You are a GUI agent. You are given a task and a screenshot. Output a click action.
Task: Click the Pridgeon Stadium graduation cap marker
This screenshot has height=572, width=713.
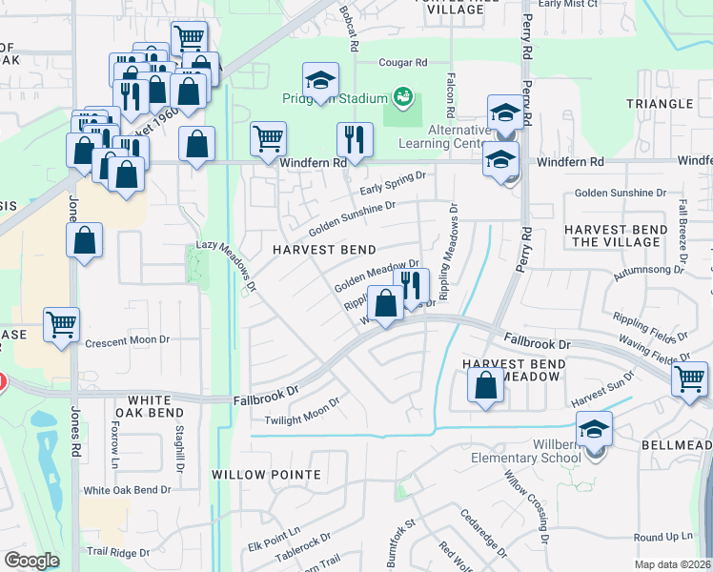click(x=321, y=80)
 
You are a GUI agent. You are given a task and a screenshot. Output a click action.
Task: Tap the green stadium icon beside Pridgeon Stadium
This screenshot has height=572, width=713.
click(x=403, y=96)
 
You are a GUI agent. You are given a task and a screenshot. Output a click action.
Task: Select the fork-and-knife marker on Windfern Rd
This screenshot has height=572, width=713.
click(x=355, y=139)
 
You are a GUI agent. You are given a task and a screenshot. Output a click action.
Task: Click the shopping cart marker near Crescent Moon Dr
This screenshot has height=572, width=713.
click(x=61, y=324)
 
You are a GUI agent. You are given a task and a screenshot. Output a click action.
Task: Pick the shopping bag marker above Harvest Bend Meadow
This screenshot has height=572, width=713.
click(x=486, y=386)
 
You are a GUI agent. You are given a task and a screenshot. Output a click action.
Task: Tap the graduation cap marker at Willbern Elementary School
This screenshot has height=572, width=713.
click(x=595, y=430)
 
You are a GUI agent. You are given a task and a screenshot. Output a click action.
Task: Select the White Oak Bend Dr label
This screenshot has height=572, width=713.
click(x=127, y=490)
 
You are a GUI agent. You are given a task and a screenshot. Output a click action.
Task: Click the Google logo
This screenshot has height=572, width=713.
click(x=32, y=561)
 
